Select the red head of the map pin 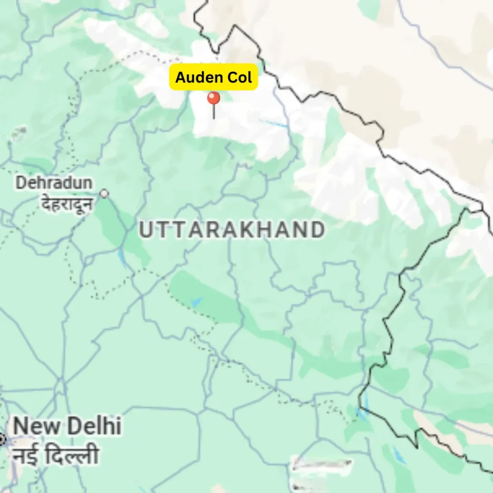tap(213, 98)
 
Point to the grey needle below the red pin tap(214, 112)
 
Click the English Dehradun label tap(53, 183)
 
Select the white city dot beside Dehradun tap(104, 194)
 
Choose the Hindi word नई tap(27, 455)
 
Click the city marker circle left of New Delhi tap(1, 439)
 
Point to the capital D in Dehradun tap(21, 183)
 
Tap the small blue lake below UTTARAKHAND tap(196, 302)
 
